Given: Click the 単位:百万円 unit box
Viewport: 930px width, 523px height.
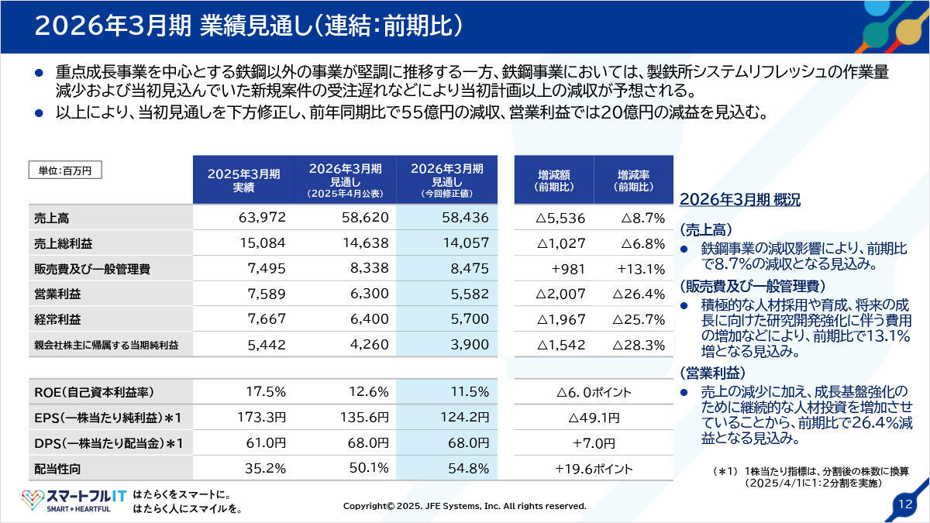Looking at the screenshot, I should [65, 170].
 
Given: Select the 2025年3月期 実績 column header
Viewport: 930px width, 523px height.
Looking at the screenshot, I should [243, 180].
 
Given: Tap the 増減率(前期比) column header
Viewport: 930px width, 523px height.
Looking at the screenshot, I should [633, 180].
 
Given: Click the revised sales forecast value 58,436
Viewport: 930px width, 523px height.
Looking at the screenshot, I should [465, 218].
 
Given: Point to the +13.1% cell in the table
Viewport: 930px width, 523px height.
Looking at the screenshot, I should [641, 270].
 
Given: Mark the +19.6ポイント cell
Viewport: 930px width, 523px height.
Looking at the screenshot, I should [594, 469].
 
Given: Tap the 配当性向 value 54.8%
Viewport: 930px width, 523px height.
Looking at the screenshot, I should [468, 469].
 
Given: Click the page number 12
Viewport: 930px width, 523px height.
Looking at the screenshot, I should [904, 504].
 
